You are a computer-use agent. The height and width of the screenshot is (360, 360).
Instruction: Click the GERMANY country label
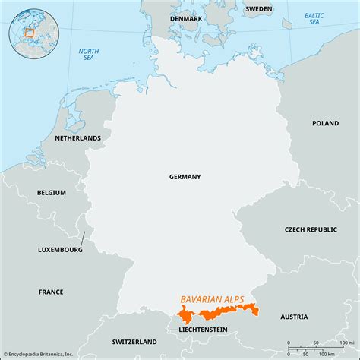pyautogui.click(x=185, y=176)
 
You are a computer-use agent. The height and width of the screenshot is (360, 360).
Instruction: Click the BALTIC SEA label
pyautogui.click(x=314, y=19)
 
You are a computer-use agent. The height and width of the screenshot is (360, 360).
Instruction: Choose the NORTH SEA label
pyautogui.click(x=89, y=55)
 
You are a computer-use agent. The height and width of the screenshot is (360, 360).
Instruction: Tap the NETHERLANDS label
pyautogui.click(x=77, y=138)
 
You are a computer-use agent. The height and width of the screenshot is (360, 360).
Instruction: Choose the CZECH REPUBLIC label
pyautogui.click(x=311, y=229)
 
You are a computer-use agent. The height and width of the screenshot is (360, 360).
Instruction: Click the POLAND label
pyautogui.click(x=325, y=122)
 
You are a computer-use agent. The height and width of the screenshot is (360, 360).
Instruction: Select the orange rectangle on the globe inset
pyautogui.click(x=30, y=32)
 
